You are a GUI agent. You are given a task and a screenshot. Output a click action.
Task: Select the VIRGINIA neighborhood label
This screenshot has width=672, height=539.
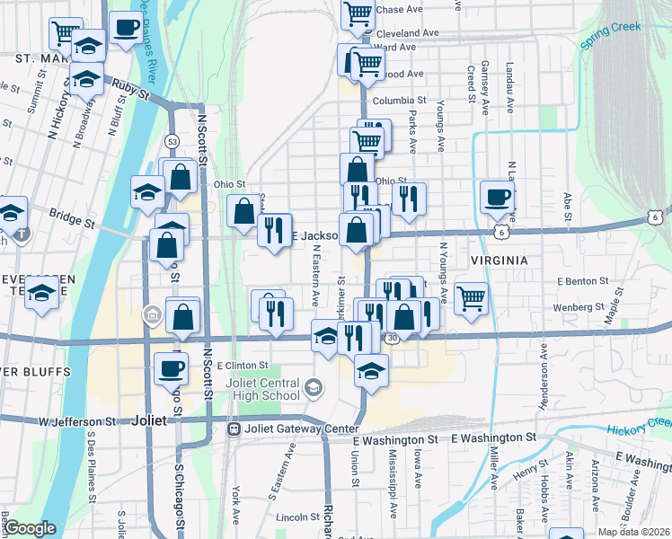(x=492, y=260)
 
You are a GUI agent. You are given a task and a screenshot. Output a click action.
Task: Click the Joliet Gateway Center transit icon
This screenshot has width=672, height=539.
(x=234, y=429)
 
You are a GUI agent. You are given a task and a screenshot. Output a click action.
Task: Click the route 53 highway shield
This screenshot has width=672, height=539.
(x=172, y=141)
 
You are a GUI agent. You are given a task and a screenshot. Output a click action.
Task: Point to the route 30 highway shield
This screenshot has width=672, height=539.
(x=391, y=339)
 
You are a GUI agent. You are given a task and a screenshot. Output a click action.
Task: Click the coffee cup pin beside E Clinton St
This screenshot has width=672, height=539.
(x=172, y=367)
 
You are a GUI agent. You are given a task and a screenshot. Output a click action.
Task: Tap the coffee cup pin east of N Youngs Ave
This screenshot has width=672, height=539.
(x=497, y=198)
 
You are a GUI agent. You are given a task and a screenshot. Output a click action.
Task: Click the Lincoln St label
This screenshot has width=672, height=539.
(x=297, y=517)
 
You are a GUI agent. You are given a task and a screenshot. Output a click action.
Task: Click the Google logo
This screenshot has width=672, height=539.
(x=31, y=528)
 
